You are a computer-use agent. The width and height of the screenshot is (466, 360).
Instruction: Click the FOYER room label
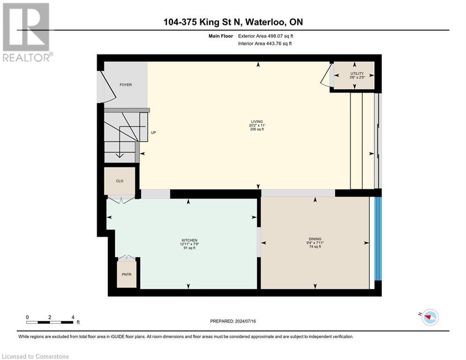[x=126, y=85]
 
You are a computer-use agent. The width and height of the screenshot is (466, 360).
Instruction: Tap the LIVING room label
[x=256, y=121]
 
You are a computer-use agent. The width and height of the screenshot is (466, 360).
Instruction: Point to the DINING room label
[x=315, y=239]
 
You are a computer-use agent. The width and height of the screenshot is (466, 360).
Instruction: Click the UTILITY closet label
[x=357, y=74]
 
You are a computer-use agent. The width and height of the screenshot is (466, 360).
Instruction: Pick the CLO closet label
[x=119, y=181]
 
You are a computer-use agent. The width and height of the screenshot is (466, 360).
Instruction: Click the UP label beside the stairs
[x=153, y=133]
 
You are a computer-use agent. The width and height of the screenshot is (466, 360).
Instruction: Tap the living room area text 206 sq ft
[x=256, y=129]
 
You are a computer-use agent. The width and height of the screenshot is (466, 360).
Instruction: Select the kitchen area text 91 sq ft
[x=189, y=248]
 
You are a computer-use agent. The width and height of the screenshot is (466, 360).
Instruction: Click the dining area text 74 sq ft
[x=314, y=247]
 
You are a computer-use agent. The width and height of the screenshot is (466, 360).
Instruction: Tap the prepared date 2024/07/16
[x=233, y=322]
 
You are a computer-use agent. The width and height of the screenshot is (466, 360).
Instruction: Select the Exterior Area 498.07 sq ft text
[x=265, y=36]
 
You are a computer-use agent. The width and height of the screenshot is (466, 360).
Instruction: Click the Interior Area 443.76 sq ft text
[x=265, y=44]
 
